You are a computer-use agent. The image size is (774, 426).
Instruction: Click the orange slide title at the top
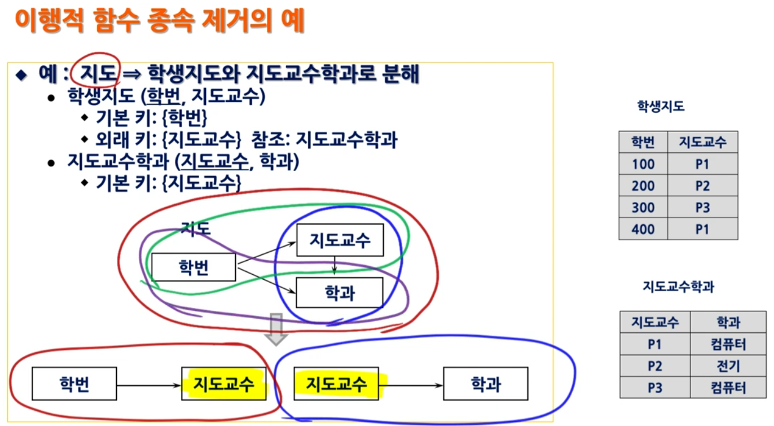pos(160,21)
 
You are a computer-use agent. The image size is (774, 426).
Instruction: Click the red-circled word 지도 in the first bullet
pos(98,73)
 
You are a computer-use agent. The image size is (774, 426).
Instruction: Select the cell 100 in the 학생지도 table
pos(643,164)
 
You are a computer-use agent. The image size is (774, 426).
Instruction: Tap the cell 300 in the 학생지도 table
pos(643,208)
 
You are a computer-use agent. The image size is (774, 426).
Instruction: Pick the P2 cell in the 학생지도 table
pos(702,186)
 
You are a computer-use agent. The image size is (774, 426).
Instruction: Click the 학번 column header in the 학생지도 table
pos(643,142)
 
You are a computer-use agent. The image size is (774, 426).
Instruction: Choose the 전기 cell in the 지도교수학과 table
pos(728,366)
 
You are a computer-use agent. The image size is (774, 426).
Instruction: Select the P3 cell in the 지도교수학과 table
pos(655,388)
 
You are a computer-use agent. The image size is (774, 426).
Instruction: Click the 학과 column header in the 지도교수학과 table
pos(728,323)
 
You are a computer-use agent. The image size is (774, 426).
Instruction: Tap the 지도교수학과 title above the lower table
pos(678,287)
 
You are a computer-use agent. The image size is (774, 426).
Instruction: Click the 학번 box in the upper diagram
pos(194,267)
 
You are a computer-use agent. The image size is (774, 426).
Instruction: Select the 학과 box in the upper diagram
pos(340,293)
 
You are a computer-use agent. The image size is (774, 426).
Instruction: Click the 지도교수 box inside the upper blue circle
pos(340,240)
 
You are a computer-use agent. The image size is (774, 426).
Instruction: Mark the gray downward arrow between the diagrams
pos(276,329)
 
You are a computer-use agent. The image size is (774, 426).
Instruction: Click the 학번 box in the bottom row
pos(74,384)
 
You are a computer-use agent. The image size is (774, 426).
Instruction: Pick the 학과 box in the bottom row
pos(486,384)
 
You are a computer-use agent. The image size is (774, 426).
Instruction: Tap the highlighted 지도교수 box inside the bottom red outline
pos(223,384)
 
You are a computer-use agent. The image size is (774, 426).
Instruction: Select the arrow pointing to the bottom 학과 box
pos(412,385)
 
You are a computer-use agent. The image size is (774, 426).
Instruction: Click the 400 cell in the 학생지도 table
pos(643,229)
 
